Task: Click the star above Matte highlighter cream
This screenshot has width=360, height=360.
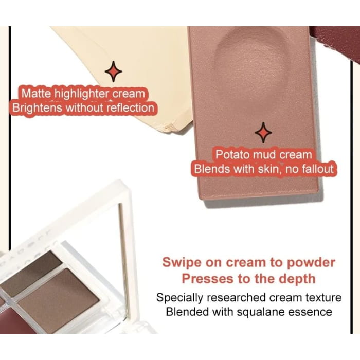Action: (x=114, y=71)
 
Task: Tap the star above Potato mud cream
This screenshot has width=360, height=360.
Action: (x=263, y=133)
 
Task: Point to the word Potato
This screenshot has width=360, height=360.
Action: (x=232, y=154)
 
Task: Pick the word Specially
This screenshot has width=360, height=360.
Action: (x=179, y=298)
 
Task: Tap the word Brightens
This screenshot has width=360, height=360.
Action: (x=37, y=108)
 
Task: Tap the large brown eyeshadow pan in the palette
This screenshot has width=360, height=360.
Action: (x=59, y=301)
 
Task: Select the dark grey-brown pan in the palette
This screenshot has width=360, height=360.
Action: (x=31, y=273)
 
